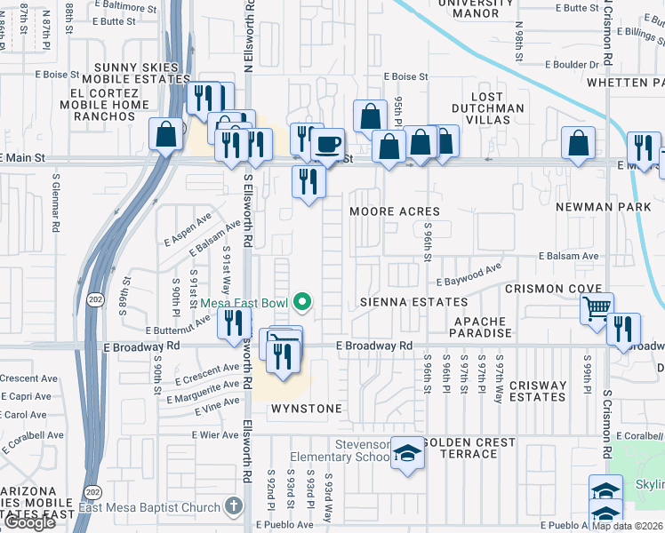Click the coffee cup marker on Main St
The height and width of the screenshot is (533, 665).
coord(328,143)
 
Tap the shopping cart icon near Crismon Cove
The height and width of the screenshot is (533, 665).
coord(597,308)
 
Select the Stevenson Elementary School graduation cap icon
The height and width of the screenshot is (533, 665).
coord(408,453)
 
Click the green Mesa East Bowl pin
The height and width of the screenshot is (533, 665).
coord(302,303)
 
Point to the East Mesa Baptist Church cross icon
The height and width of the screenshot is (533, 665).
coord(233,507)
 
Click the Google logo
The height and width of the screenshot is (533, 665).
coord(29,522)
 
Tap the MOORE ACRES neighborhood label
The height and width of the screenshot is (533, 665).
coord(395,211)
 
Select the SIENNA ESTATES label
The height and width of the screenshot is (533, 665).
coord(414,302)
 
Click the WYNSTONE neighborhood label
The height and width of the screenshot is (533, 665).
coord(306,409)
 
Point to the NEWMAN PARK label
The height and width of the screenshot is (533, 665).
coord(597,207)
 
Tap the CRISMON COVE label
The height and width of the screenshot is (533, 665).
coord(547,289)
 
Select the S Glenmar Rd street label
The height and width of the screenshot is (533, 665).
coord(55,201)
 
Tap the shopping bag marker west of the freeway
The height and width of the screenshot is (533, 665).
coord(166,135)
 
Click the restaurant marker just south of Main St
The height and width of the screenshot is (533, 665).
coord(308,182)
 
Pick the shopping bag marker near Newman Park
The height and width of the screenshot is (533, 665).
coord(578,144)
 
